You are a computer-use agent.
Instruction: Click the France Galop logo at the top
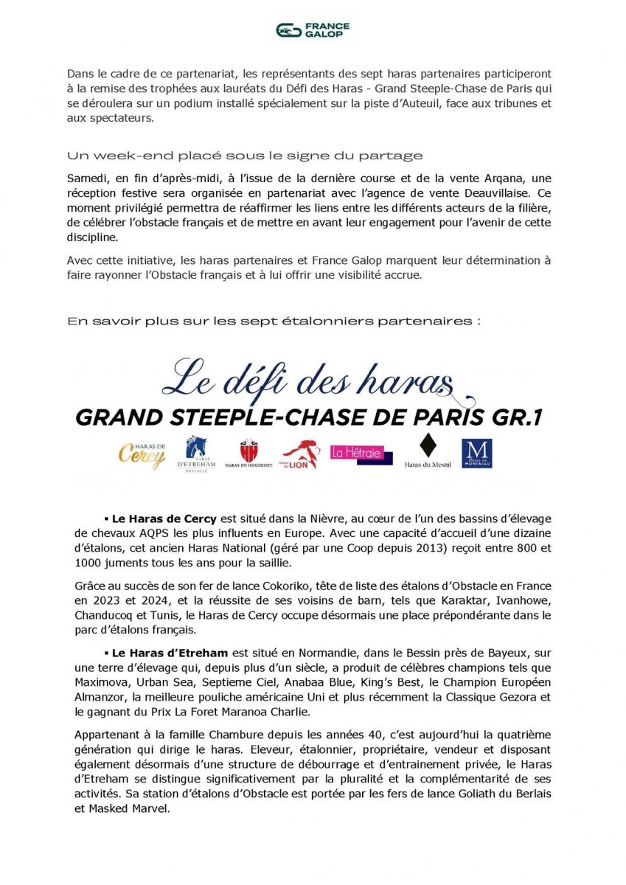pos(313,30)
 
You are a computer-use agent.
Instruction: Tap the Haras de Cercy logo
pos(142,451)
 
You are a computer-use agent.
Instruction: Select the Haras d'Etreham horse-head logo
pos(196,451)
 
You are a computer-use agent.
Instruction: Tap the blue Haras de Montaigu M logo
pos(476,453)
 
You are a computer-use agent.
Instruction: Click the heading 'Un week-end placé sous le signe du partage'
pos(245,156)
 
